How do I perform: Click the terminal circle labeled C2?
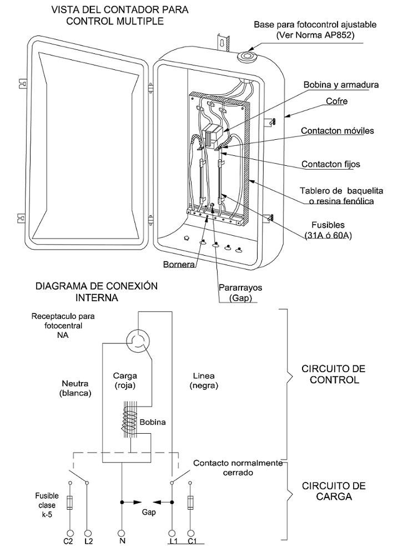(x=70, y=534)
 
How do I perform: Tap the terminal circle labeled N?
(x=122, y=534)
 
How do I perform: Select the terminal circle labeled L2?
(x=88, y=534)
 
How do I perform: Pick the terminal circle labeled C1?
(x=190, y=534)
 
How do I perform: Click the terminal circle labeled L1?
(x=172, y=534)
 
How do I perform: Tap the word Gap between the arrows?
(x=149, y=512)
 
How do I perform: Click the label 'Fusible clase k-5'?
(x=47, y=505)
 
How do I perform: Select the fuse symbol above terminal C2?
(x=70, y=502)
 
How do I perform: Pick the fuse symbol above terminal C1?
(x=190, y=502)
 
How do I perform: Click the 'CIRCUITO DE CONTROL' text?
(x=334, y=374)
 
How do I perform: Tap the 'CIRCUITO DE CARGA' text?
(x=334, y=491)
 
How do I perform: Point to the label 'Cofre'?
(x=336, y=101)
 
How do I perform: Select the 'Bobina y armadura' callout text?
(x=341, y=84)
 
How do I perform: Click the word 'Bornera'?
(x=179, y=264)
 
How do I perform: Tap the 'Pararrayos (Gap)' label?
(x=240, y=293)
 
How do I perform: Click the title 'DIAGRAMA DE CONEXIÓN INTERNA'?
(x=97, y=292)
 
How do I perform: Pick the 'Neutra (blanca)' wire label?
(x=75, y=388)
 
